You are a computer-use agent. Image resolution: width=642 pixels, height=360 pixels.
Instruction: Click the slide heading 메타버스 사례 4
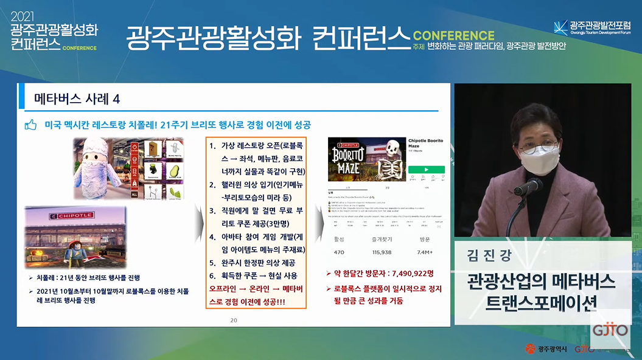click(77, 99)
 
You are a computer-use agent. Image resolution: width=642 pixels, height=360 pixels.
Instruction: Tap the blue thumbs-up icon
click(30, 125)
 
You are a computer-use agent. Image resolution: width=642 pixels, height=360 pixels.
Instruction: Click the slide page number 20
click(234, 320)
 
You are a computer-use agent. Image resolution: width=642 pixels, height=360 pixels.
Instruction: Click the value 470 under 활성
click(339, 252)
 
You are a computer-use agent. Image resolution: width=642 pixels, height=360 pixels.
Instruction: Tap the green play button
click(426, 170)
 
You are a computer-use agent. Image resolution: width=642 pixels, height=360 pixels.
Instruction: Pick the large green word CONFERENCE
click(453, 35)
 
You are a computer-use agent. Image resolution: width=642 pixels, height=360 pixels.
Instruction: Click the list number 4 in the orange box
click(212, 238)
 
